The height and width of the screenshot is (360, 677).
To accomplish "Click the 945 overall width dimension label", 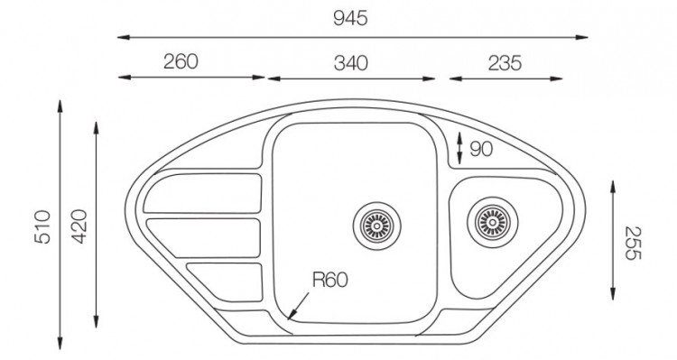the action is pyautogui.click(x=350, y=19).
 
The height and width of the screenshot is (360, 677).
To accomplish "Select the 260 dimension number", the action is pyautogui.click(x=181, y=61).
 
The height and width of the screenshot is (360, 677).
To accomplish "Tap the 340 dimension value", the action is pyautogui.click(x=350, y=63).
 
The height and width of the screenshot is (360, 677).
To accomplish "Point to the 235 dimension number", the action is pyautogui.click(x=505, y=63).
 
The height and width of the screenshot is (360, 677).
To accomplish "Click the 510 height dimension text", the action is pyautogui.click(x=42, y=227).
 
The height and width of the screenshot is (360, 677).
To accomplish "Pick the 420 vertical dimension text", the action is pyautogui.click(x=79, y=226).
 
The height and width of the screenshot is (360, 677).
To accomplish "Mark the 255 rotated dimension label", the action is pyautogui.click(x=633, y=243).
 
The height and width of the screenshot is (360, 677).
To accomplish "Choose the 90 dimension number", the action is pyautogui.click(x=481, y=150).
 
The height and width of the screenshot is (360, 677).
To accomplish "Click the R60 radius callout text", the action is pyautogui.click(x=329, y=280).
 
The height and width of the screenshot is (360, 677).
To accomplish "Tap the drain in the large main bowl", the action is pyautogui.click(x=377, y=226).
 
